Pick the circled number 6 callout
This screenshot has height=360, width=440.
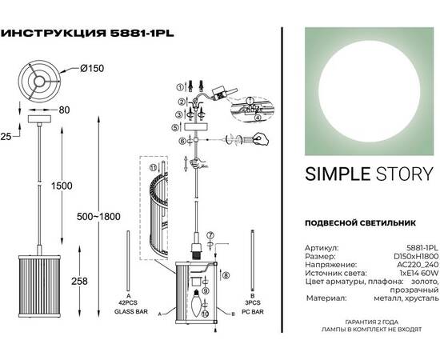pos(182,141)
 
